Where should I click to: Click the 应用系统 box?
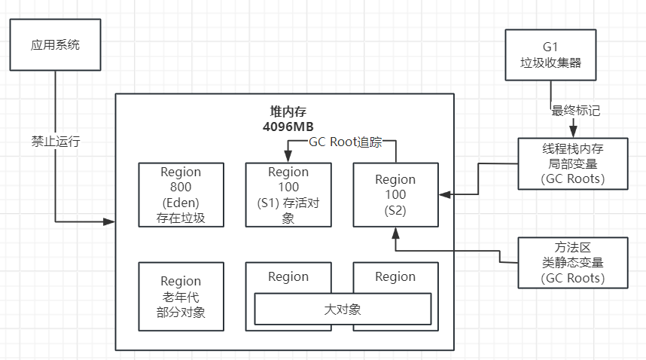56,45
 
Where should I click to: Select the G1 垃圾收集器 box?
550,54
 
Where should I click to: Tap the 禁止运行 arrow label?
55,142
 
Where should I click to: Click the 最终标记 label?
576,110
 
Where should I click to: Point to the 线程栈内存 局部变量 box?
572,163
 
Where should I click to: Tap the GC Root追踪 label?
345,142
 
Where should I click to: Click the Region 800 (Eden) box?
181,194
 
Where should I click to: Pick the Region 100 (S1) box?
288,194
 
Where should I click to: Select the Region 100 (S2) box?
395,194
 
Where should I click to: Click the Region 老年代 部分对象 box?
181,296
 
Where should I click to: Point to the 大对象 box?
342,309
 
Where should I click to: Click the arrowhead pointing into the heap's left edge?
111,221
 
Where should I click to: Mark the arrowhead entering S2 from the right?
444,194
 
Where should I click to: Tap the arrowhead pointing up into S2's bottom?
395,231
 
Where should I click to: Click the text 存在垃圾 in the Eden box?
181,219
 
